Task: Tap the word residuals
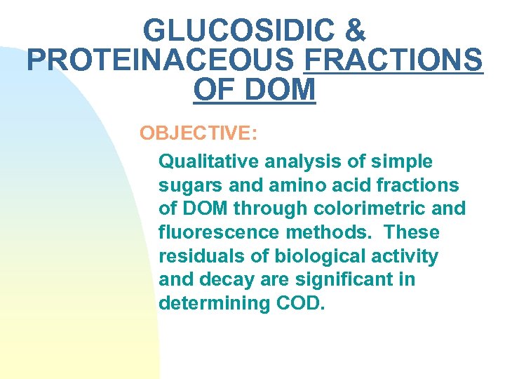197,256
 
